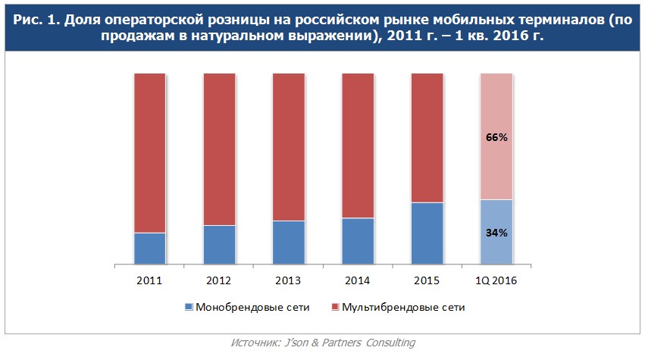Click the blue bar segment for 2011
pos(149,249)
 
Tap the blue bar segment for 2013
pos(288,243)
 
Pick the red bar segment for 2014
pos(358,146)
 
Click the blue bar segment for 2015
pos(427,233)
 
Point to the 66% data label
pos(496,138)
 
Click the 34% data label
pos(496,233)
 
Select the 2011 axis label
pos(149,280)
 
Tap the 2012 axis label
pos(219,280)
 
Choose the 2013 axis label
pos(288,280)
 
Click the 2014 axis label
pos(358,280)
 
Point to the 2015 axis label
pos(427,280)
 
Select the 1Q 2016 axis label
pos(496,280)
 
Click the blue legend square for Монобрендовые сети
pos(189,308)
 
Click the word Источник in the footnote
pos(254,343)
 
